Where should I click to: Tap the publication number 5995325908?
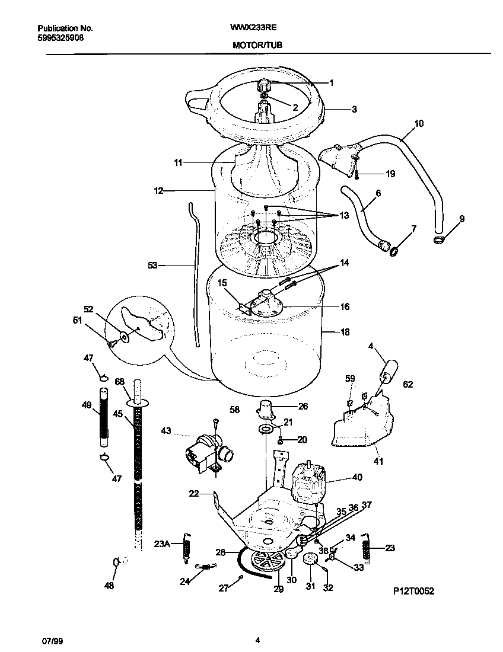click(60, 37)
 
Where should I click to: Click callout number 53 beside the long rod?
click(152, 266)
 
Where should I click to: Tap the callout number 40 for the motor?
click(357, 477)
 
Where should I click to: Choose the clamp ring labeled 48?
click(116, 561)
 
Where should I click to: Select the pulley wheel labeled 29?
click(265, 561)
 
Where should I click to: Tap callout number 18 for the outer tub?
click(345, 333)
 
